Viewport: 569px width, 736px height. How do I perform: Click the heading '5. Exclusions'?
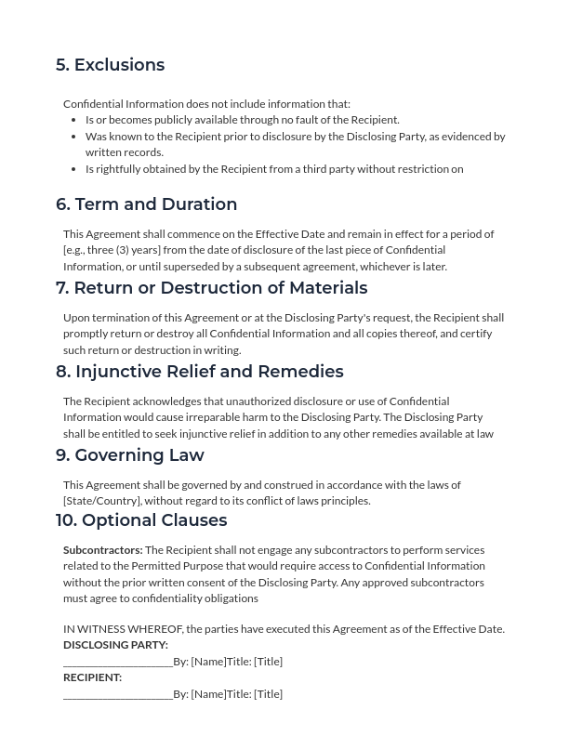pos(110,65)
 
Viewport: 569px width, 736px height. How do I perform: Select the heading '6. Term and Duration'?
pos(146,204)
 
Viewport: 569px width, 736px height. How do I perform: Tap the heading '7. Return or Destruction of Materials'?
pos(211,288)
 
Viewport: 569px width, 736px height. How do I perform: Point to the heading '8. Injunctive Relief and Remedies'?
pos(199,372)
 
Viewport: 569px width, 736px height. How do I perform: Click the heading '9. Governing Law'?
pos(129,455)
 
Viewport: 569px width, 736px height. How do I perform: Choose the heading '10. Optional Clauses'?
pos(140,520)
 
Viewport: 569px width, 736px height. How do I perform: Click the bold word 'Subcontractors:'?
pos(102,550)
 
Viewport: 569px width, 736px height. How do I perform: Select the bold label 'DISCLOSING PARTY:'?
pos(115,645)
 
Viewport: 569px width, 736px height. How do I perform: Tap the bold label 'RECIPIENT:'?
pos(92,677)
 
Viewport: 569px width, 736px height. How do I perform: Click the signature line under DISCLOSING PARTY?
pos(117,663)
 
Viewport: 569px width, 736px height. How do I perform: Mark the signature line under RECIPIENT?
pos(117,695)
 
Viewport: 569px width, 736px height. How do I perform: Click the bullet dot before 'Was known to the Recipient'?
pos(73,137)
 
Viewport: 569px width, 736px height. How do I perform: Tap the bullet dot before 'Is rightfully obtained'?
pos(73,169)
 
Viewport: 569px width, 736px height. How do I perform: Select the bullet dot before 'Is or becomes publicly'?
pos(73,120)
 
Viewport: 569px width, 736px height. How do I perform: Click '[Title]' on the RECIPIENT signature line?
pos(268,694)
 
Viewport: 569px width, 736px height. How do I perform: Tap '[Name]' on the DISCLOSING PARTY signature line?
pos(208,662)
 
